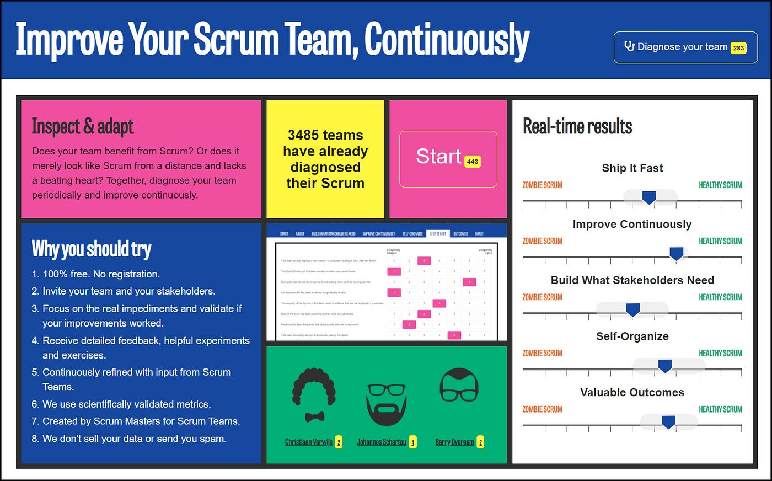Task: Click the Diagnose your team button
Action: click(x=685, y=47)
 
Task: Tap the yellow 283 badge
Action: click(x=738, y=48)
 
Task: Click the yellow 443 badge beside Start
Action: click(x=472, y=162)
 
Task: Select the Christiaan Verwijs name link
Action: click(x=309, y=442)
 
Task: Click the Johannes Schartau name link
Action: click(x=382, y=442)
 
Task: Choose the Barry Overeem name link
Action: click(x=454, y=442)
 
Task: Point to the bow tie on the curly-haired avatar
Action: click(x=314, y=416)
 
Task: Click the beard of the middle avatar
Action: click(x=387, y=411)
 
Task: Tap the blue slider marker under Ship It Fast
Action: click(x=649, y=197)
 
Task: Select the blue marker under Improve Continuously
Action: click(x=676, y=253)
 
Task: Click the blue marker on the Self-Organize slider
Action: click(x=665, y=366)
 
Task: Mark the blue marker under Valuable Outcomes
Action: click(x=668, y=422)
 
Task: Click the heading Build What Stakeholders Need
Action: click(x=632, y=280)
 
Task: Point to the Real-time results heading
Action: click(x=577, y=126)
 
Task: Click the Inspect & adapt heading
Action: click(x=83, y=126)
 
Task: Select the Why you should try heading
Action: click(x=92, y=249)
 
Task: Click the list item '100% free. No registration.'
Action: click(x=101, y=274)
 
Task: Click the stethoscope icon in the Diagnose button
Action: click(x=629, y=46)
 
